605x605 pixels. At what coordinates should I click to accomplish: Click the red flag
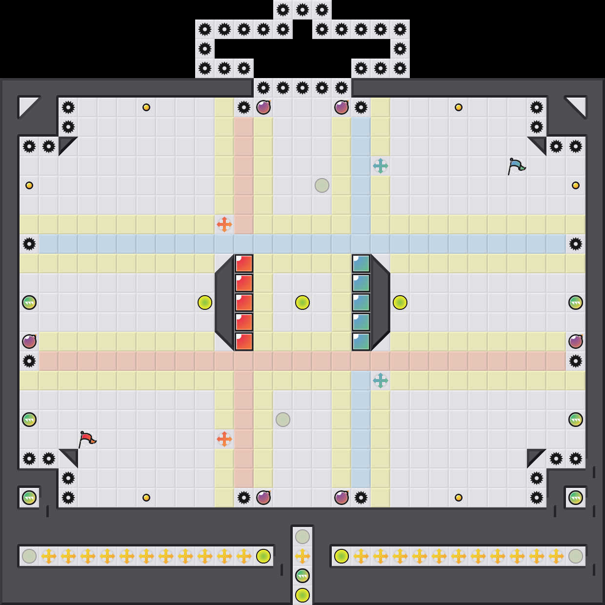pyautogui.click(x=87, y=439)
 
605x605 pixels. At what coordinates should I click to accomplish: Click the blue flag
pyautogui.click(x=516, y=166)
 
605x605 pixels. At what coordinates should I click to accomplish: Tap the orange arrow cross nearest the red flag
pyautogui.click(x=224, y=439)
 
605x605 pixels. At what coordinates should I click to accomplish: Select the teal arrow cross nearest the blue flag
pyautogui.click(x=381, y=166)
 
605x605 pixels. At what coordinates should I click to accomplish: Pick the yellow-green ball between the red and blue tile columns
pyautogui.click(x=302, y=302)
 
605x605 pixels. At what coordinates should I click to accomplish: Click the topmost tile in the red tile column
pyautogui.click(x=244, y=263)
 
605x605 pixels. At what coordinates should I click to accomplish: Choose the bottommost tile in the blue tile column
pyautogui.click(x=361, y=342)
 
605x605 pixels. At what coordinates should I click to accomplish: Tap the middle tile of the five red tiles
pyautogui.click(x=244, y=302)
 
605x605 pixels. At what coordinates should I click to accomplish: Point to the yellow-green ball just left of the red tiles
pyautogui.click(x=205, y=302)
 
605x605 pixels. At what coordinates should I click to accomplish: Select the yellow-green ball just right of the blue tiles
pyautogui.click(x=400, y=302)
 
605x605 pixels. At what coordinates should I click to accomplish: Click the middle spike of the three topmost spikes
pyautogui.click(x=302, y=10)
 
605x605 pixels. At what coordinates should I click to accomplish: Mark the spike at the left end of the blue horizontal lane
pyautogui.click(x=29, y=244)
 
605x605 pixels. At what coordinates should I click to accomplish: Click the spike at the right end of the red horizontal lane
pyautogui.click(x=576, y=361)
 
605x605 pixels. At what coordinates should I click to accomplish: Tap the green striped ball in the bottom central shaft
pyautogui.click(x=302, y=576)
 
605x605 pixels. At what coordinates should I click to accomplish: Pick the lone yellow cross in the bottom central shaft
pyautogui.click(x=302, y=556)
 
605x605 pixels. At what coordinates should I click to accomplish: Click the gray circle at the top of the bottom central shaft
pyautogui.click(x=302, y=537)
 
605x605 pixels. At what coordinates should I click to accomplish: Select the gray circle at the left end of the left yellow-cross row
pyautogui.click(x=29, y=556)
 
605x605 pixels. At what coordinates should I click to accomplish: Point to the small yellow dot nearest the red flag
pyautogui.click(x=146, y=498)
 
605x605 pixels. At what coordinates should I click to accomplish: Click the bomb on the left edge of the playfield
pyautogui.click(x=29, y=342)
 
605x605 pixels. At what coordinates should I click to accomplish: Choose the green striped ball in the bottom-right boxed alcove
pyautogui.click(x=576, y=498)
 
